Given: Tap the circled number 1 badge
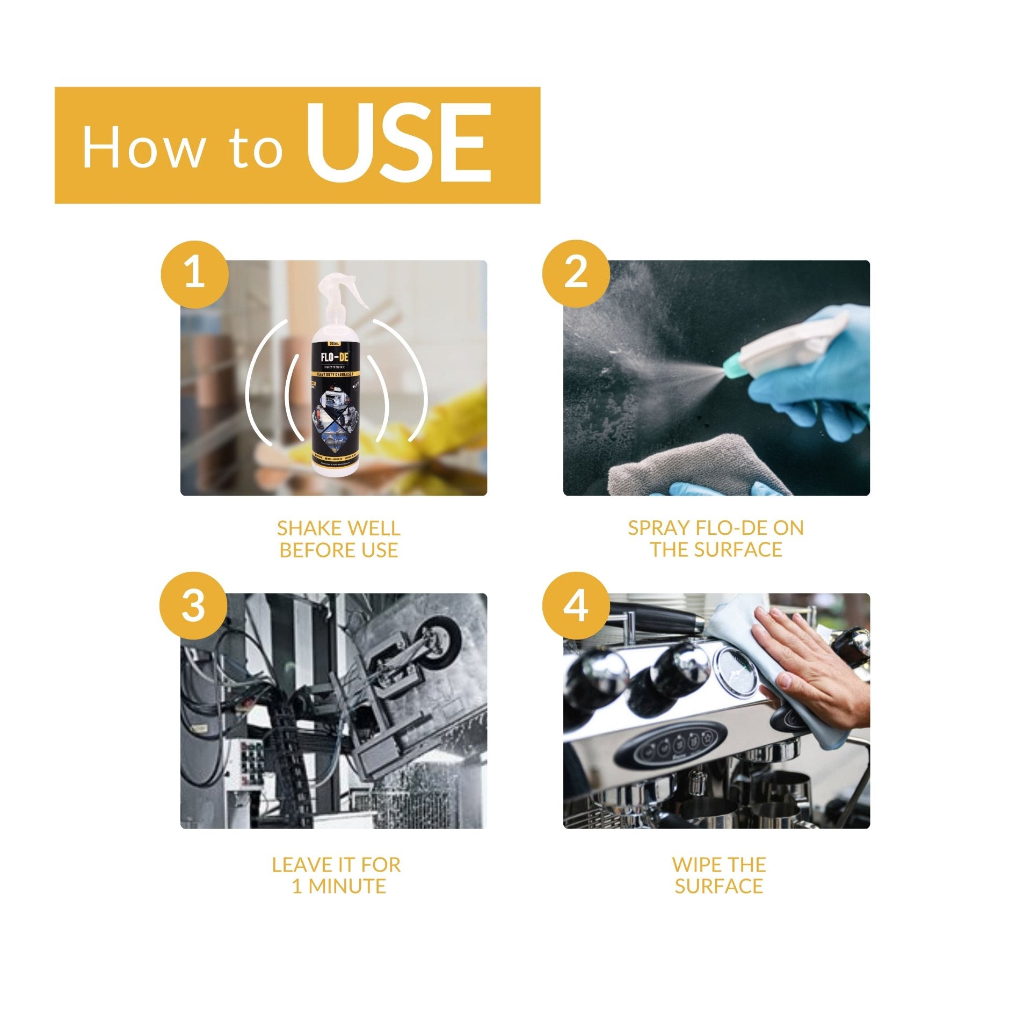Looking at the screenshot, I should point(194,274).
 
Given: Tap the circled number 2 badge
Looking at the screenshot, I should point(576,274).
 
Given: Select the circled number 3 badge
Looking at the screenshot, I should point(193,606).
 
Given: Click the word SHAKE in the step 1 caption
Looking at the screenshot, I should point(306,528).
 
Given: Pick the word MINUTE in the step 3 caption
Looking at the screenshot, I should point(347,886).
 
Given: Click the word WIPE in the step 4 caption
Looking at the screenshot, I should point(696,865).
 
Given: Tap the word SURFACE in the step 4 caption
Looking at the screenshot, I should point(719,886).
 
